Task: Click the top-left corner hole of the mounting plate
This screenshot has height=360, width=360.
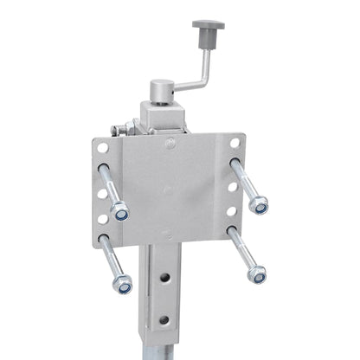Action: click(103, 148)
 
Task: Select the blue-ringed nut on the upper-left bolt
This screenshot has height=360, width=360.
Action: click(121, 211)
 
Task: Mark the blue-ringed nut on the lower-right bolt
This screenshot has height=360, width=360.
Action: click(256, 274)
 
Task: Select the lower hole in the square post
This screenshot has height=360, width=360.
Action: click(163, 319)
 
